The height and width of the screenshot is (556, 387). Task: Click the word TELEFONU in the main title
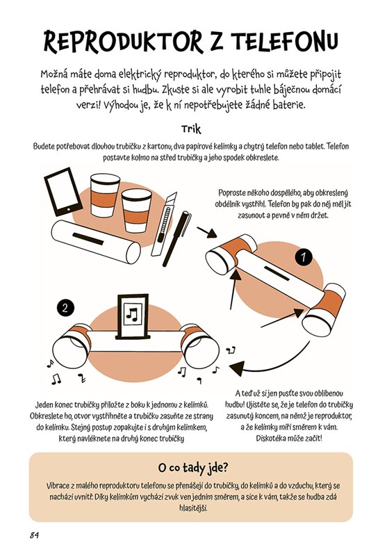[x=286, y=41]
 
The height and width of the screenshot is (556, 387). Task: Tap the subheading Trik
[x=191, y=129]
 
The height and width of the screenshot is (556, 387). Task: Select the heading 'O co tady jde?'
[x=192, y=468]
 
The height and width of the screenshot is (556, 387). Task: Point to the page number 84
[x=34, y=535]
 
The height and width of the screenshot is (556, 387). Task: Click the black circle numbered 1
[x=304, y=257]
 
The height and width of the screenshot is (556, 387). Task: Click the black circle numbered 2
[x=65, y=307]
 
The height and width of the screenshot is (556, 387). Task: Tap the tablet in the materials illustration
[x=63, y=192]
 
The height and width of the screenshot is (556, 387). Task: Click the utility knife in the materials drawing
[x=164, y=224]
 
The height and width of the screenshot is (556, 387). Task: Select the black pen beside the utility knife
[x=176, y=238]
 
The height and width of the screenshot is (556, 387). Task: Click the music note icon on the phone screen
[x=132, y=314]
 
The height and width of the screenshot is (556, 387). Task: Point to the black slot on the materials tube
[x=88, y=238]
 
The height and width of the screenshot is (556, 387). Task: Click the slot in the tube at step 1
[x=277, y=274]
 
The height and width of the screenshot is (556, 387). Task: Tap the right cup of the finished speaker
[x=199, y=347]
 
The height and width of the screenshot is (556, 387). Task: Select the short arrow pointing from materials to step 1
[x=206, y=233]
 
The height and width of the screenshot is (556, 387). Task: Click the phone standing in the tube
[x=132, y=317]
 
